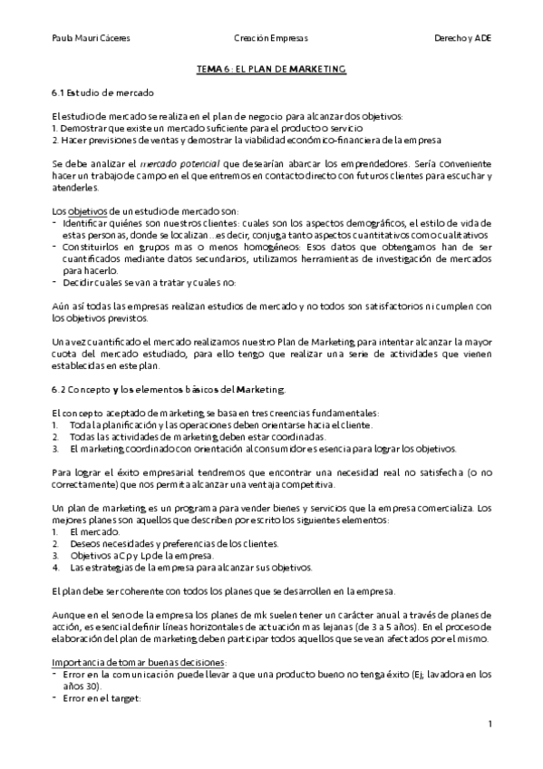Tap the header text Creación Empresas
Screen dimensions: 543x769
point(270,39)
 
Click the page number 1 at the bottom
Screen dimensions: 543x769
point(490,724)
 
